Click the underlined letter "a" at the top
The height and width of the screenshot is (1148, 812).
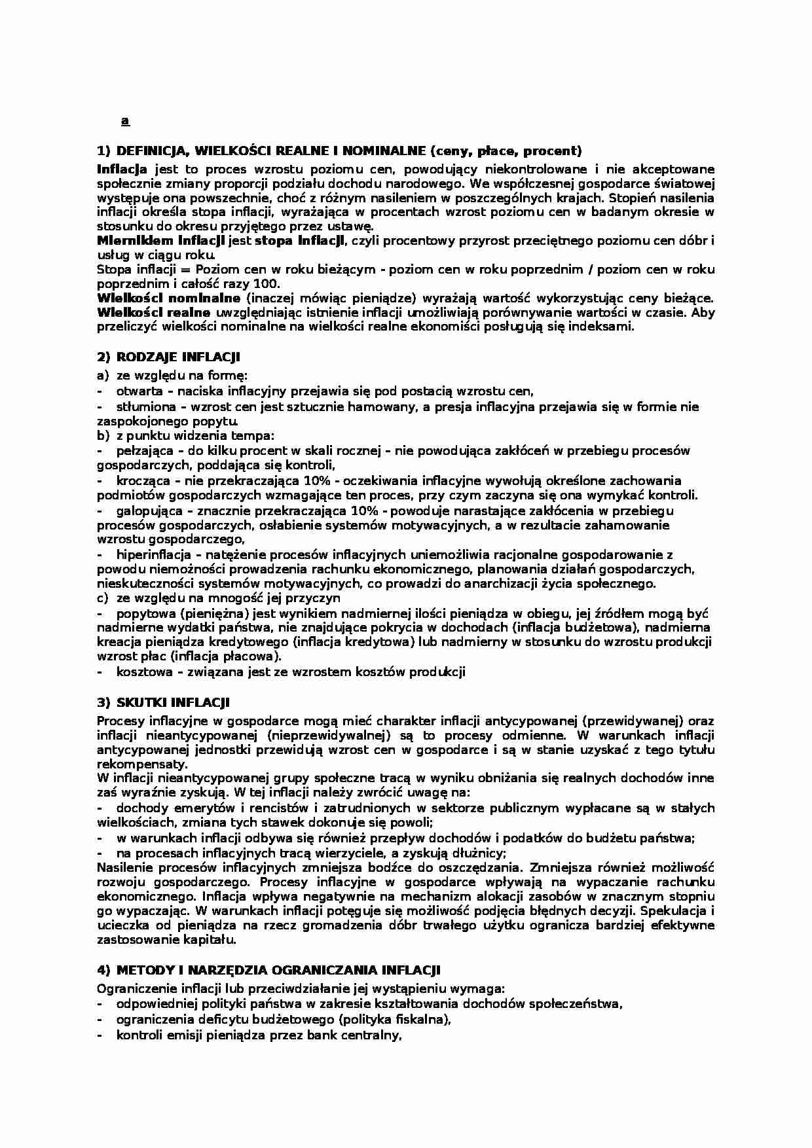[125, 121]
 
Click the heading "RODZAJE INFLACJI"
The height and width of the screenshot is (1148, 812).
[178, 357]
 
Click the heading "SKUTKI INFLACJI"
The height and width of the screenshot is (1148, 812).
[173, 703]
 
